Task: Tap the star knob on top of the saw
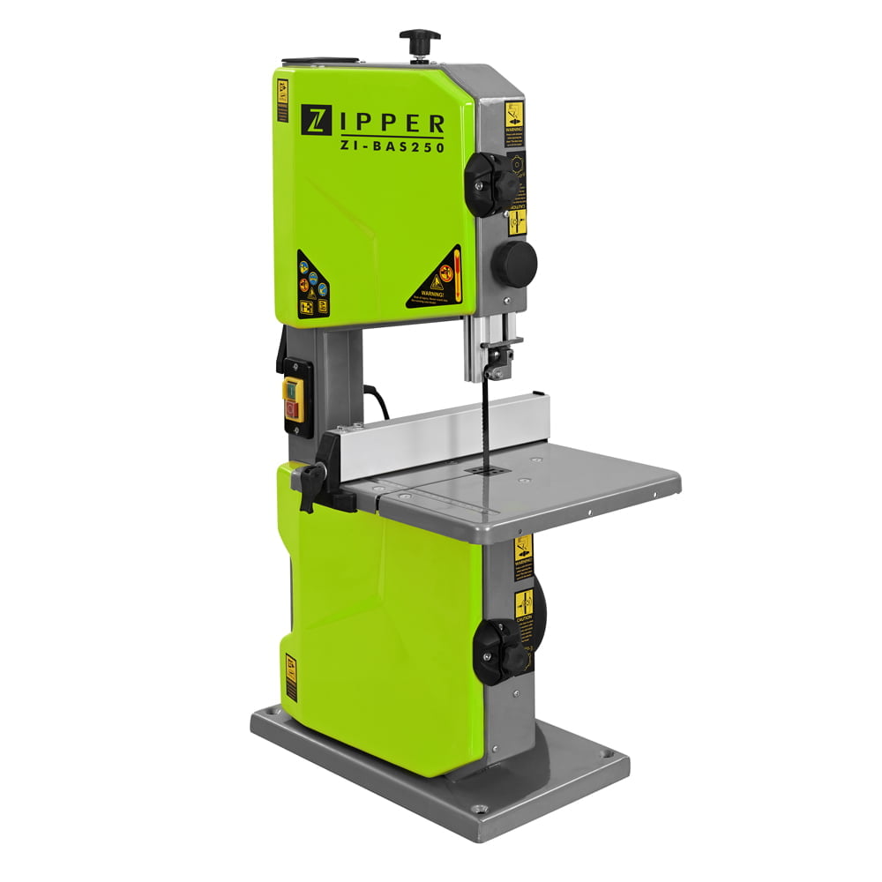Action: [x=420, y=40]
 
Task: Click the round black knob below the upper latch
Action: [x=514, y=262]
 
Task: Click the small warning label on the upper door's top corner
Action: [x=282, y=101]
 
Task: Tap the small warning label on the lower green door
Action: [x=291, y=677]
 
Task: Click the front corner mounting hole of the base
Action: [x=478, y=809]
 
